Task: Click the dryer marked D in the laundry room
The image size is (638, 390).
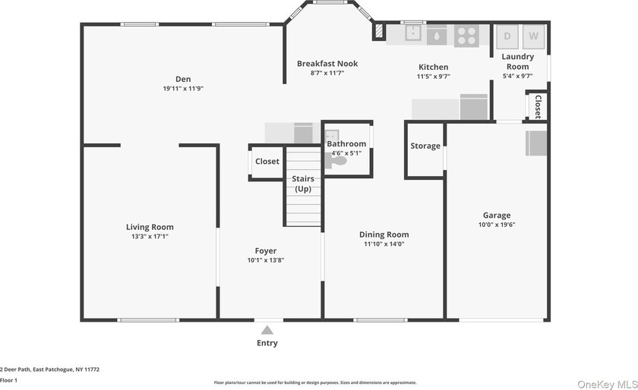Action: point(507,36)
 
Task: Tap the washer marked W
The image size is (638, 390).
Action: point(533,36)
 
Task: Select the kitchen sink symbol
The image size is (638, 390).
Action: point(413,33)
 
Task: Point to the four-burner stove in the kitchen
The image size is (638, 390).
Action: point(466,36)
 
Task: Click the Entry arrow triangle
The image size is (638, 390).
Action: point(267,330)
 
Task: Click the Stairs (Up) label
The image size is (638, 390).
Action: point(303,184)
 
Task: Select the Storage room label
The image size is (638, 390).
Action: point(425,146)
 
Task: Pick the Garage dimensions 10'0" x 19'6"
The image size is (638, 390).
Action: point(497,225)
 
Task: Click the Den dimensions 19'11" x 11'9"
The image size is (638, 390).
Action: point(183,88)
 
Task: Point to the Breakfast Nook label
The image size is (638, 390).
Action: point(327,64)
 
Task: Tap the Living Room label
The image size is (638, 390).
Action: point(150,227)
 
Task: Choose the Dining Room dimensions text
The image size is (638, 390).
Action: point(384,244)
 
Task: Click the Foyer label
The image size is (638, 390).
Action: point(266,251)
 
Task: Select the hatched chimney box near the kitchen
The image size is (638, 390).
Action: point(379,31)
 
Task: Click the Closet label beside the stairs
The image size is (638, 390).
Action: point(267,162)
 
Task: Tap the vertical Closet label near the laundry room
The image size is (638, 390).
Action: point(538,106)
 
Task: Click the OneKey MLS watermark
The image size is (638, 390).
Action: point(608,384)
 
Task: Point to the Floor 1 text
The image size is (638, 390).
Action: point(8,381)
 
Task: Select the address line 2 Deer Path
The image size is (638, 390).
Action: point(49,370)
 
